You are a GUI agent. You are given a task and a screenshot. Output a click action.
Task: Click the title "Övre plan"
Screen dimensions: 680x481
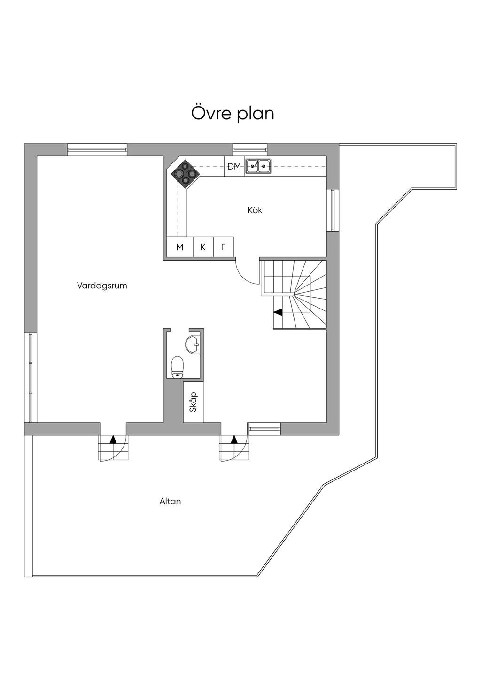point(233,114)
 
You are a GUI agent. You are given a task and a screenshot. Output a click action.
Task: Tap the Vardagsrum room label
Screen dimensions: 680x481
point(102,286)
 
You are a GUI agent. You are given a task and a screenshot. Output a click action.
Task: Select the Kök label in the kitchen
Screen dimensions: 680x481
point(255,210)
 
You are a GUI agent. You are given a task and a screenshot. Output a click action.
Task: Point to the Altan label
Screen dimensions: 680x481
point(170,502)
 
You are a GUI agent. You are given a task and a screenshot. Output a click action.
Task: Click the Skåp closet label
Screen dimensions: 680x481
point(193,402)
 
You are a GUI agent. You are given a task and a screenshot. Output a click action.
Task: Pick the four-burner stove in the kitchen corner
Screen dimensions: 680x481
point(184,173)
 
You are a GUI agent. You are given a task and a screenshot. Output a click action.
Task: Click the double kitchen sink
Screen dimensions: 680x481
point(258,165)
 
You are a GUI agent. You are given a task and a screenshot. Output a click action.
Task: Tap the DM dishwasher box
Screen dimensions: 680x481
point(234,166)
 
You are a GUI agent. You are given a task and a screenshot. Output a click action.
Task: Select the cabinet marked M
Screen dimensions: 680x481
point(180,247)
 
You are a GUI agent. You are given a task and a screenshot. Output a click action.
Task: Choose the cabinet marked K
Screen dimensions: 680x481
point(203,247)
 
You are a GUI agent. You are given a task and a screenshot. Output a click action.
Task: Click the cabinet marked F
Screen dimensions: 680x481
point(224,247)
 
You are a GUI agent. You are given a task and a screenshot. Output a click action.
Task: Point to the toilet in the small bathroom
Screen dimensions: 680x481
point(177,366)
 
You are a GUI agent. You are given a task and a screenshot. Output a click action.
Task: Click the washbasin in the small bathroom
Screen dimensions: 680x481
point(193,344)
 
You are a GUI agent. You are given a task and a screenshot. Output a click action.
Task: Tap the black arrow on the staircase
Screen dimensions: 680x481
point(278,311)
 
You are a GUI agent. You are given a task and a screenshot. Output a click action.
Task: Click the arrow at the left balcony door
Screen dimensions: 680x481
point(113,440)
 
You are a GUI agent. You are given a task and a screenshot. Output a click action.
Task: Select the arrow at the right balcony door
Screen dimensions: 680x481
point(234,440)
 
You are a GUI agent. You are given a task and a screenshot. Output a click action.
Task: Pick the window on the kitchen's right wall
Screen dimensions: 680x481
point(333,210)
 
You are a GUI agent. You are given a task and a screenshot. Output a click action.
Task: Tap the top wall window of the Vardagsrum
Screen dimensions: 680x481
point(97,150)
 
